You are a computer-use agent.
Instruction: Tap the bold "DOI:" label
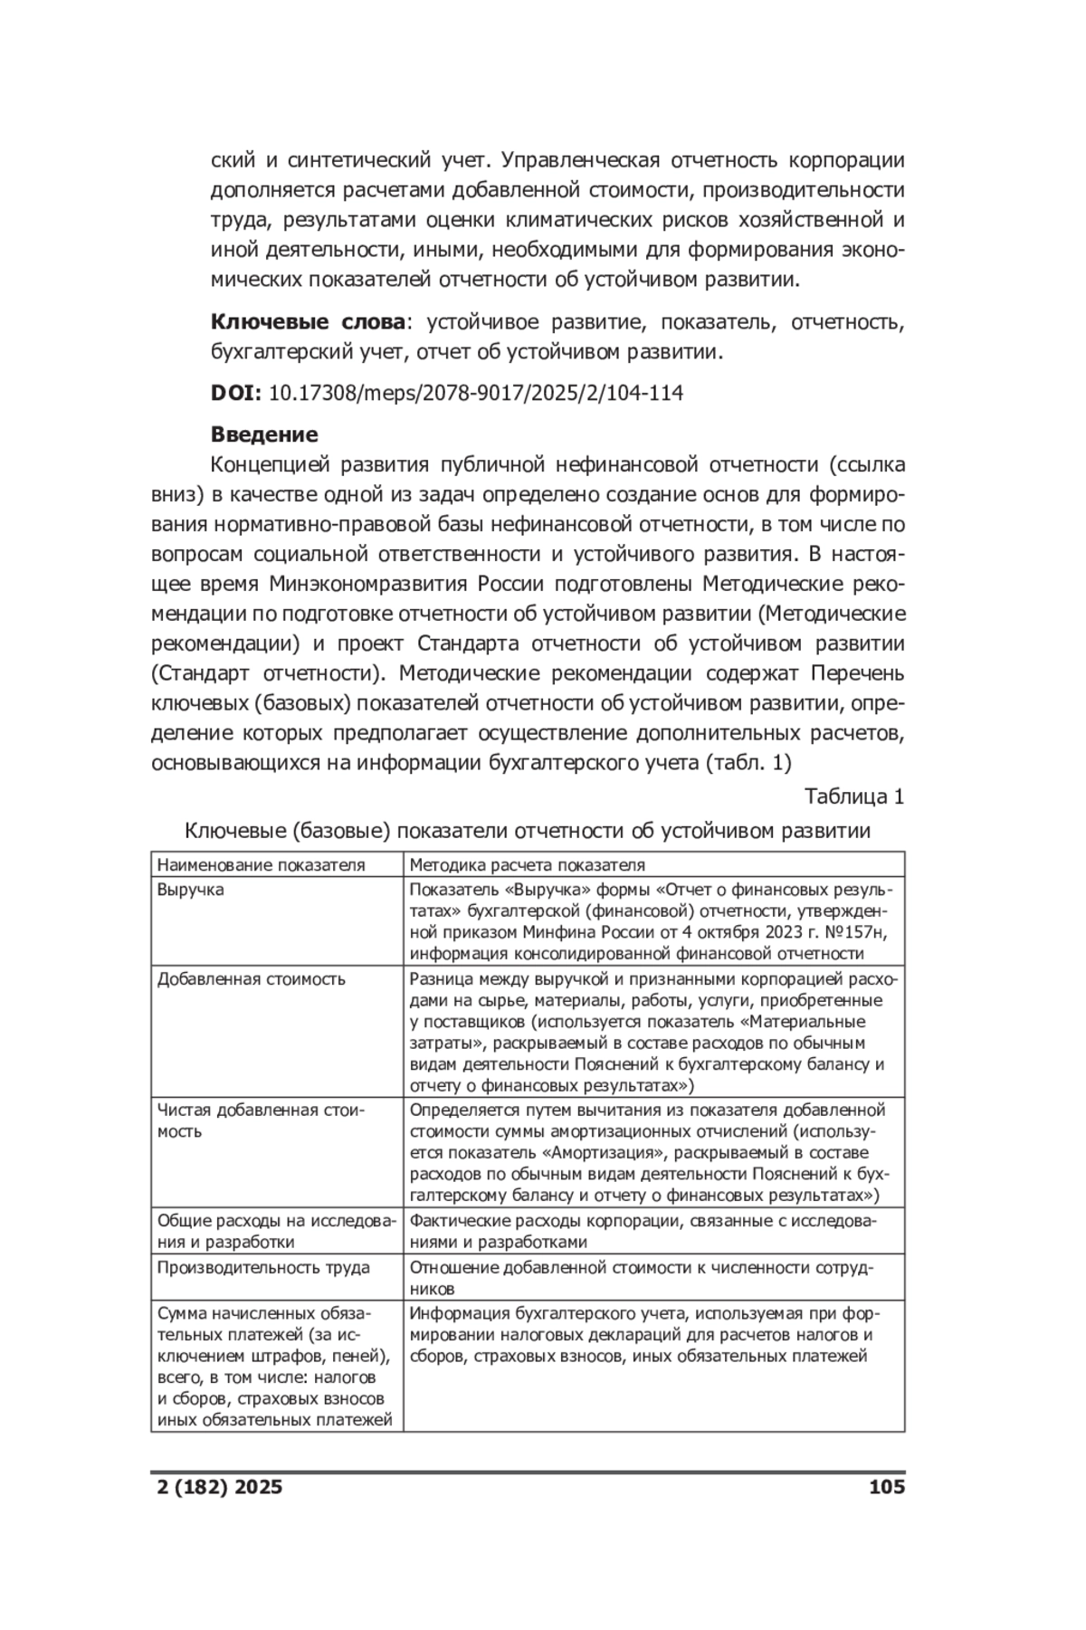pyautogui.click(x=236, y=393)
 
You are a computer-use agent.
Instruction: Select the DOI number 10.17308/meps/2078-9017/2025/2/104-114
pyautogui.click(x=476, y=393)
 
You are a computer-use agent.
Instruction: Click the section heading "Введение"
pyautogui.click(x=264, y=434)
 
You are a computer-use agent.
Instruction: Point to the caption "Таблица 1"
pyautogui.click(x=854, y=796)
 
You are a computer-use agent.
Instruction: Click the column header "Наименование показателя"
pyautogui.click(x=262, y=864)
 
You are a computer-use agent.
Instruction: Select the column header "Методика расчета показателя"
pyautogui.click(x=528, y=864)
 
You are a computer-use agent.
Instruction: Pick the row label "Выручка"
pyautogui.click(x=191, y=890)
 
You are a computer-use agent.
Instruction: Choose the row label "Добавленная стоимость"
pyautogui.click(x=252, y=979)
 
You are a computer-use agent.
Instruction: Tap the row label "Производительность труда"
pyautogui.click(x=263, y=1267)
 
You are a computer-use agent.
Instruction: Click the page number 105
pyautogui.click(x=886, y=1486)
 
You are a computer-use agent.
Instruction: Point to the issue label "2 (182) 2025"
pyautogui.click(x=216, y=1486)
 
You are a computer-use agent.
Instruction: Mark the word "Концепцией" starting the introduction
pyautogui.click(x=268, y=465)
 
